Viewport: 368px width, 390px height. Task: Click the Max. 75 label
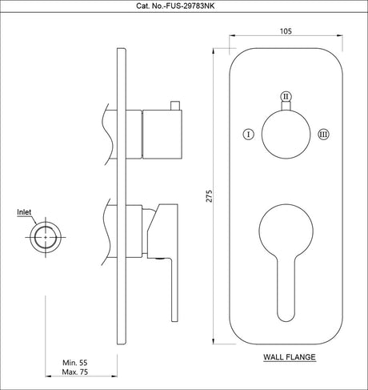coord(78,374)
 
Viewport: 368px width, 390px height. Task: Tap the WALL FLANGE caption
coord(288,356)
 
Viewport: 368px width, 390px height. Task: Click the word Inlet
coord(25,213)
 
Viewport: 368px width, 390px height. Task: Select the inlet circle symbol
coord(45,237)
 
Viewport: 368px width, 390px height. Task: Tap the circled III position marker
coord(323,134)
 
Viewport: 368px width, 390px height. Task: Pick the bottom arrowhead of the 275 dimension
coord(218,340)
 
